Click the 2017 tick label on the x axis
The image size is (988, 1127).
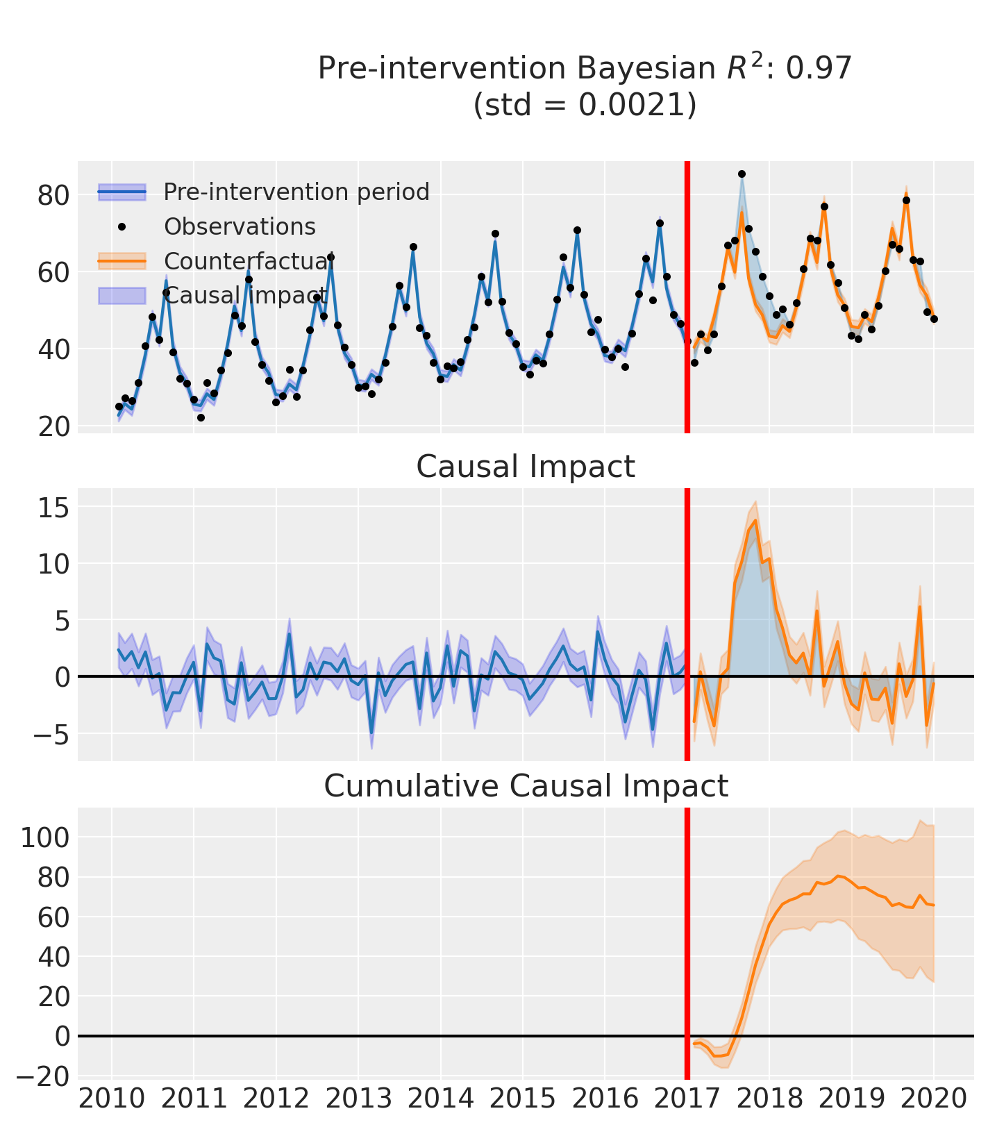(687, 1099)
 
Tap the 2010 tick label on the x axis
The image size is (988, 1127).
(112, 1099)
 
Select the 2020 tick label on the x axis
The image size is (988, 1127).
(933, 1099)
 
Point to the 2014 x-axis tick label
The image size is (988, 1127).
(440, 1099)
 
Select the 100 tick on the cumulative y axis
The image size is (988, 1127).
(44, 837)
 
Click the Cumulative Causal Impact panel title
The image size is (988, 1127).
(526, 787)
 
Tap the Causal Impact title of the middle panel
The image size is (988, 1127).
(526, 467)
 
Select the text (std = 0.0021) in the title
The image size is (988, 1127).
(585, 105)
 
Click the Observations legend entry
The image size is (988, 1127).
(240, 227)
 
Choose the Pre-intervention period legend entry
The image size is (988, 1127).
(296, 192)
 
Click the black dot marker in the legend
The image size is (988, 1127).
(122, 227)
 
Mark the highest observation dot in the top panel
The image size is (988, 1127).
(742, 174)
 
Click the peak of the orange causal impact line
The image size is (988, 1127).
(755, 520)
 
